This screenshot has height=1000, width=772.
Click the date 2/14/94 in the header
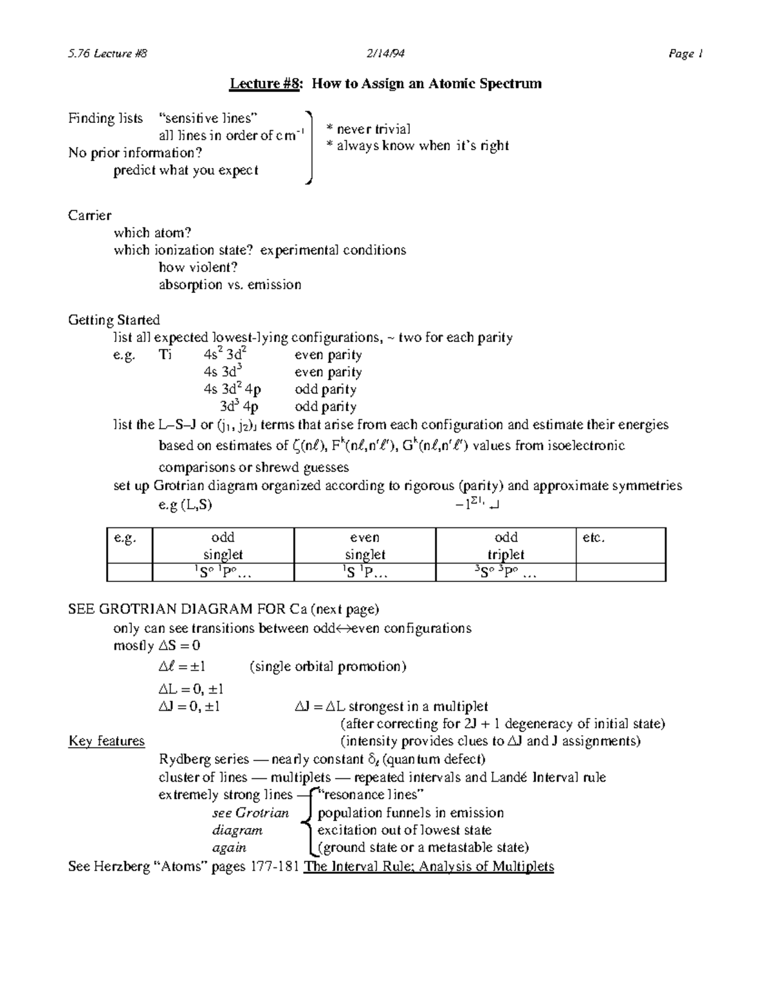pyautogui.click(x=386, y=54)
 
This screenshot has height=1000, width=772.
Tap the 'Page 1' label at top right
pyautogui.click(x=685, y=54)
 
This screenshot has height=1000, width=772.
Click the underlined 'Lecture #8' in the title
pyautogui.click(x=264, y=84)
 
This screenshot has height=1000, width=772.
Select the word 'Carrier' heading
pyautogui.click(x=89, y=215)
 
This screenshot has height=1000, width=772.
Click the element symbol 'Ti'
pyautogui.click(x=165, y=355)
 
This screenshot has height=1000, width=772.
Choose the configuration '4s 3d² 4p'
pyautogui.click(x=232, y=390)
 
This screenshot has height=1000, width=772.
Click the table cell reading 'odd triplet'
pyautogui.click(x=506, y=545)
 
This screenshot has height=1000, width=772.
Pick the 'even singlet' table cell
pyautogui.click(x=365, y=545)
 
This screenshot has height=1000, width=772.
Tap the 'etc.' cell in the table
pyautogui.click(x=593, y=538)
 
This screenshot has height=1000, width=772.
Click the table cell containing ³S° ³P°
pyautogui.click(x=506, y=572)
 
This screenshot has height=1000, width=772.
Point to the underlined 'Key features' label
pyautogui.click(x=107, y=741)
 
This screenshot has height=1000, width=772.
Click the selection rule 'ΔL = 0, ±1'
pyautogui.click(x=190, y=689)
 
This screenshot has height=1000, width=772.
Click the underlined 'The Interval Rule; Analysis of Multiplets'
pyautogui.click(x=428, y=866)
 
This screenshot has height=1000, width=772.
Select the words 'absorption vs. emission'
pyautogui.click(x=230, y=285)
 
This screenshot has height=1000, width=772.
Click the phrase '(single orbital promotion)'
pyautogui.click(x=327, y=666)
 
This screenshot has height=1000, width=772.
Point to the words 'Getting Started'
pyautogui.click(x=114, y=320)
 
